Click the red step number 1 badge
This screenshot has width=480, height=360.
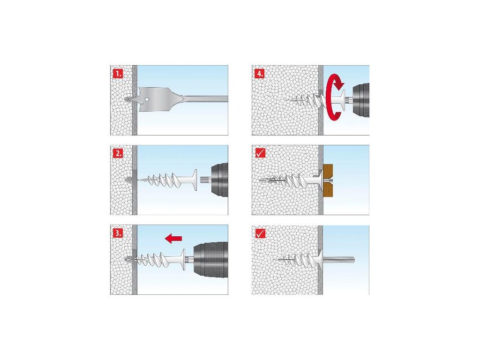118,74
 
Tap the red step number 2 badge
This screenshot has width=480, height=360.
118,153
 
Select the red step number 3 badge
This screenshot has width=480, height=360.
118,233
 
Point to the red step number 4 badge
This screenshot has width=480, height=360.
259,74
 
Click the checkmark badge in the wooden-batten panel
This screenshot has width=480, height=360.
260,153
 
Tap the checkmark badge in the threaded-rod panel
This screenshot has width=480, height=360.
260,233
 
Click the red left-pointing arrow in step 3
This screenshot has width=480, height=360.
173,239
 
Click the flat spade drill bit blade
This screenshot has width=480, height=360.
156,99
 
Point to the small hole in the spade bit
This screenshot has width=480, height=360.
147,99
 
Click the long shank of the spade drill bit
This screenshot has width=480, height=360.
205,99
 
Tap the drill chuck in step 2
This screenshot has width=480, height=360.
219,180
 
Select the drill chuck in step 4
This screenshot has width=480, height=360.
361,100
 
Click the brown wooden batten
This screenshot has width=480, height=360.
328,180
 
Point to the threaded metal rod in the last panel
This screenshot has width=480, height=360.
338,260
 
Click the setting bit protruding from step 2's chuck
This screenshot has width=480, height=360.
205,180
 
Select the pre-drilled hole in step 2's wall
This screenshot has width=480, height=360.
129,180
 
